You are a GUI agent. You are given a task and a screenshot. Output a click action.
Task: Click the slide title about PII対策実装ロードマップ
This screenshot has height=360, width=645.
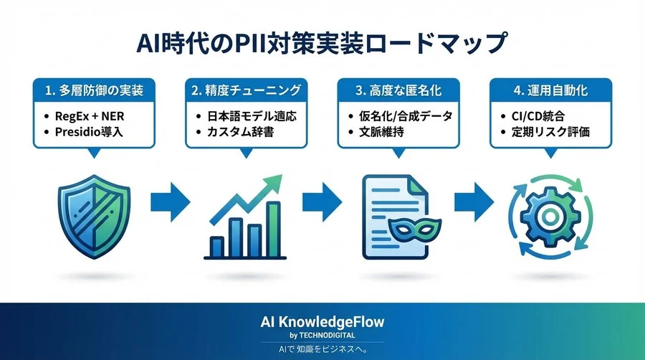(322, 42)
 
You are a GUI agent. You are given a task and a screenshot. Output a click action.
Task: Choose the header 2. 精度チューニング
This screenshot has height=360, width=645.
(246, 91)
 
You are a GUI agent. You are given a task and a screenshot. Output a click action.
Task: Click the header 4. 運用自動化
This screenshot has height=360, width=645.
(550, 91)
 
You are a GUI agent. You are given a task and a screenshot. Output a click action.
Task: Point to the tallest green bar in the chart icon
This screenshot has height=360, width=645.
(272, 229)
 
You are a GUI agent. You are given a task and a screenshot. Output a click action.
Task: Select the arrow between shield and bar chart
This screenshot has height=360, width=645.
(170, 203)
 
